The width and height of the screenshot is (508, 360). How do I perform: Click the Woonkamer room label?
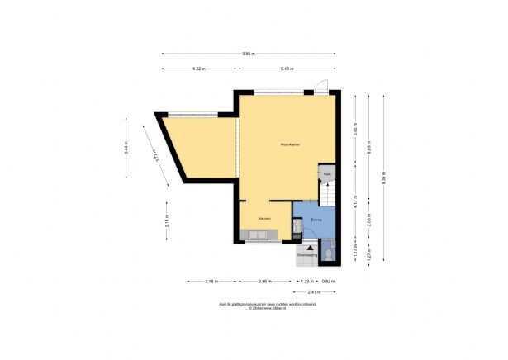tap(289, 145)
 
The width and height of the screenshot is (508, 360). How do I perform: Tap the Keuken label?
tap(264, 218)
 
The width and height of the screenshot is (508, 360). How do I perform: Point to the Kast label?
tap(328, 176)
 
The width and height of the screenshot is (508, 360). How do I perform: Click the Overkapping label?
tap(307, 255)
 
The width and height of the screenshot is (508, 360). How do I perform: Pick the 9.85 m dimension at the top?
tap(249, 54)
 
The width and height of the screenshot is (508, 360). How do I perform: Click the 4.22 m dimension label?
tap(198, 69)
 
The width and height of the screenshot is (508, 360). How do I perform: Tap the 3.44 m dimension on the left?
tap(126, 149)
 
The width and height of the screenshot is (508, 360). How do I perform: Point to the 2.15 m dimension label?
tap(167, 220)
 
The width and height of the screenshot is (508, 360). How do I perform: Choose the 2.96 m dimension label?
tap(263, 282)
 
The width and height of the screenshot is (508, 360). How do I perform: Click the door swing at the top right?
tap(323, 85)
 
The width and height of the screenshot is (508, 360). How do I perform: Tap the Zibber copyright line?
tap(254, 308)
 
